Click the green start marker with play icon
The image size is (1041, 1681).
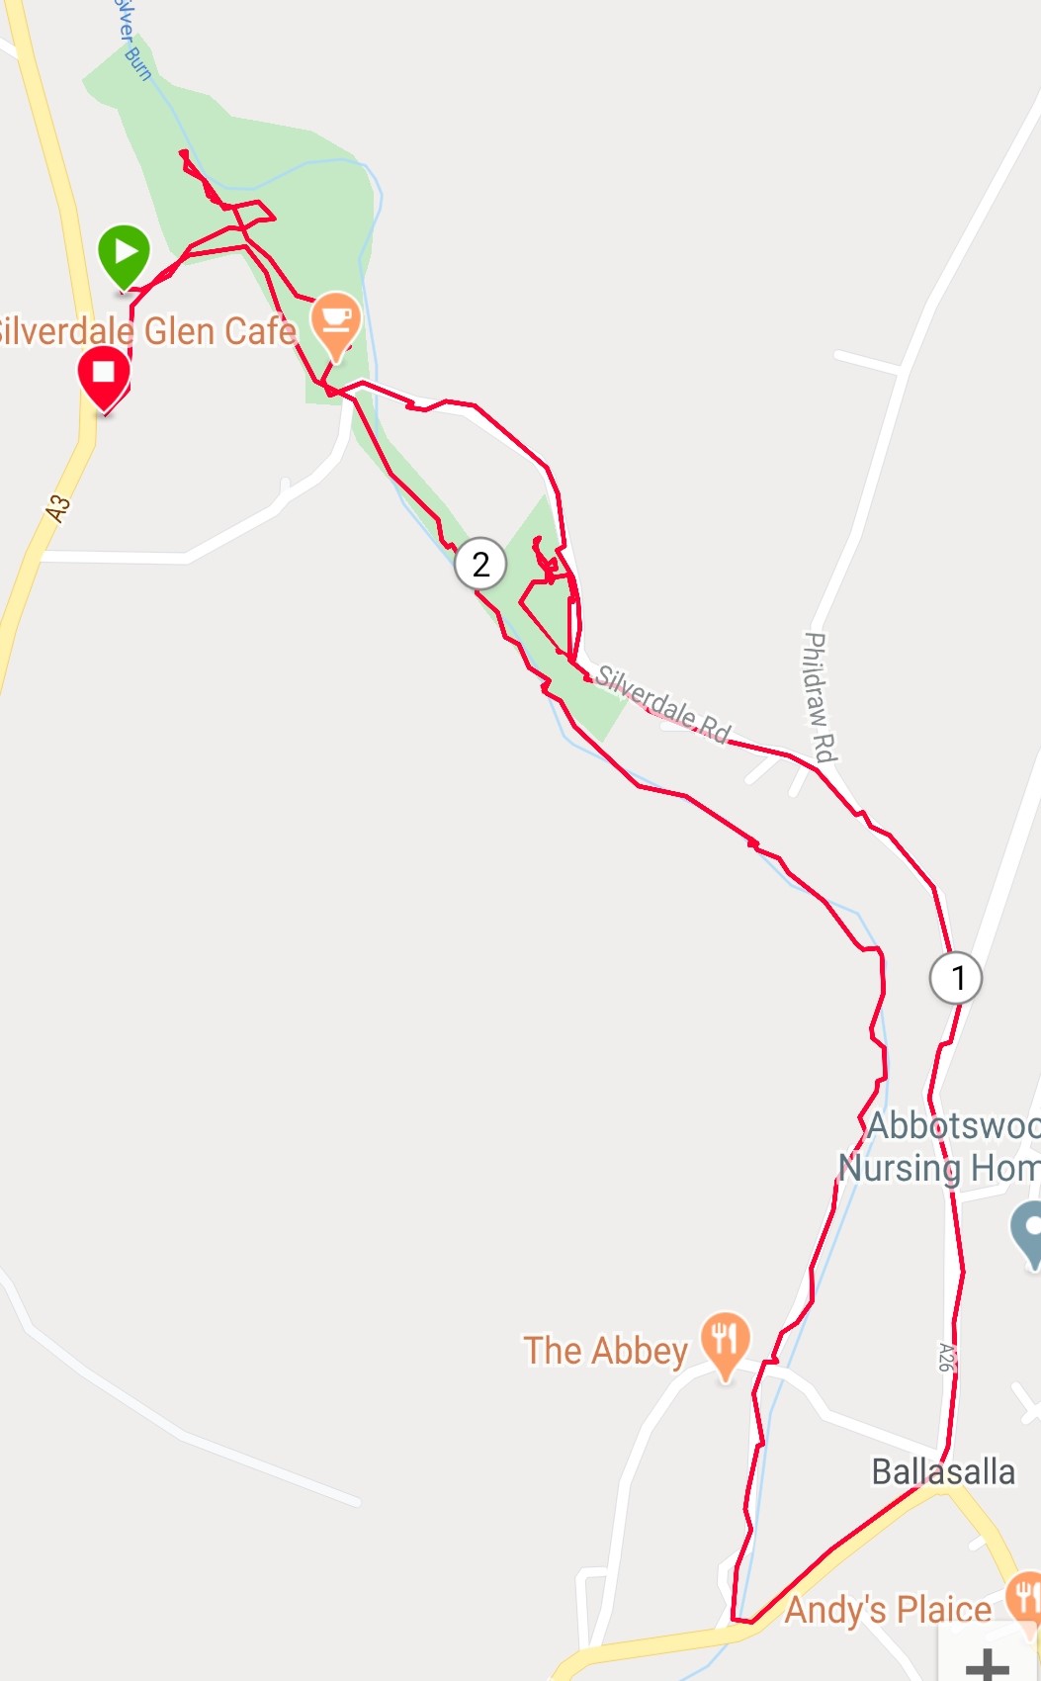[124, 254]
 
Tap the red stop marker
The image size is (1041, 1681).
[104, 375]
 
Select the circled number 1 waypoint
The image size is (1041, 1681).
[956, 978]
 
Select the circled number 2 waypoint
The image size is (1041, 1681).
[480, 565]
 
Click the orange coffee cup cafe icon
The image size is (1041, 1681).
[336, 321]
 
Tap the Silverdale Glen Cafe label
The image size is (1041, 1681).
[148, 331]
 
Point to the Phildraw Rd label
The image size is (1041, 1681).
[819, 697]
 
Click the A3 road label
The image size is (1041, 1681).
[58, 508]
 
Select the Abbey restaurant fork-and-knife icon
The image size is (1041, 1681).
[726, 1342]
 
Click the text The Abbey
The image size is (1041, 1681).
[605, 1351]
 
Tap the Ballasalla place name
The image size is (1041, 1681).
[943, 1471]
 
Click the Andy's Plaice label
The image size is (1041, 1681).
[888, 1610]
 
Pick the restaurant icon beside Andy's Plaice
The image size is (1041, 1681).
[1024, 1595]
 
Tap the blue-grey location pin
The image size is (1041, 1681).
[1030, 1230]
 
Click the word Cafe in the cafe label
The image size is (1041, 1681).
[261, 331]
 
